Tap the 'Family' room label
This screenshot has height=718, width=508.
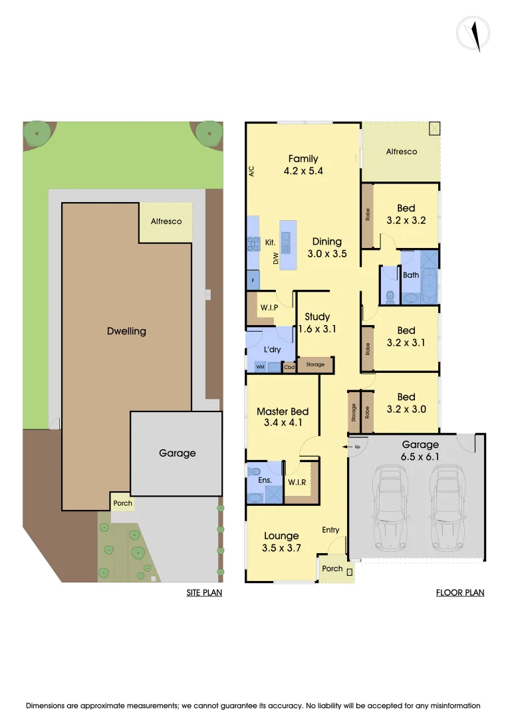click(303, 159)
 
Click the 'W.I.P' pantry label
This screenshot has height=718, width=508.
click(269, 307)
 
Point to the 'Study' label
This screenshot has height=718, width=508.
click(317, 317)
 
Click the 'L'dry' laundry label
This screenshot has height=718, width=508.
click(270, 350)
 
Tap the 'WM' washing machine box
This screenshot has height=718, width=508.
click(259, 367)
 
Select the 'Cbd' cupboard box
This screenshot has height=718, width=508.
click(289, 367)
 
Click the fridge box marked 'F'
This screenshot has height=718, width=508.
click(253, 281)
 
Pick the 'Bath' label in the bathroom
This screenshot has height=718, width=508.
click(410, 275)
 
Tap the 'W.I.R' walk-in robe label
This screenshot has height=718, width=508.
click(296, 482)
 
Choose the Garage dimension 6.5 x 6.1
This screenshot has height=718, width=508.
click(420, 457)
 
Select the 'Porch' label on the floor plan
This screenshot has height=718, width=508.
click(332, 568)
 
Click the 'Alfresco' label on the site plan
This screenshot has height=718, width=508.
click(166, 221)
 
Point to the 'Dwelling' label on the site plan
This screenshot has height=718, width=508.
click(126, 331)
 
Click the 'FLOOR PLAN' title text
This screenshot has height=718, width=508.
click(460, 592)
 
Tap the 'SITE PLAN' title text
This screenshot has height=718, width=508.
click(204, 592)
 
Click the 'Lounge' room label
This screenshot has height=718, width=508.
click(281, 536)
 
